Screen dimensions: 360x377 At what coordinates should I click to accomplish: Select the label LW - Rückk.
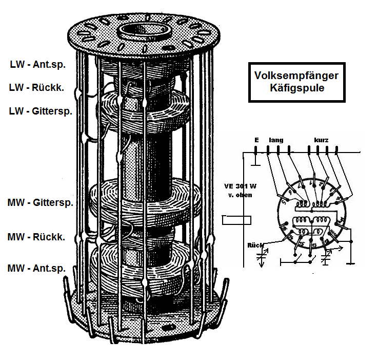coord(36,88)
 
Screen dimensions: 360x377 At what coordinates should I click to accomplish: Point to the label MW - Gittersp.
coord(41,202)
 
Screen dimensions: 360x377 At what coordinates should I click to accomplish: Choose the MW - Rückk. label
coord(36,237)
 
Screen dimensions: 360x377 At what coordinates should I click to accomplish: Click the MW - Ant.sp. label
coord(37,268)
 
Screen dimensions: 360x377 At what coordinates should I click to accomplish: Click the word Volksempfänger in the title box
coord(296,75)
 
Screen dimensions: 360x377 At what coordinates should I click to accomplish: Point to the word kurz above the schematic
coord(322,140)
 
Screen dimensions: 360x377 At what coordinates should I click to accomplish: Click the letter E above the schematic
coord(256,140)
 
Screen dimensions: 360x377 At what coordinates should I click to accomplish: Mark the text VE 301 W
coord(240,186)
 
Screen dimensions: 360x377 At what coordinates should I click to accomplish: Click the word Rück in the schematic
coord(255,244)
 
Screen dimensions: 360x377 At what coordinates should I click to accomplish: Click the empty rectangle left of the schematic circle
coord(236,221)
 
